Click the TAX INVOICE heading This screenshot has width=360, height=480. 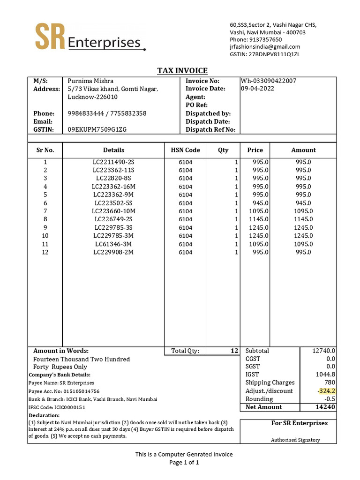[182, 71]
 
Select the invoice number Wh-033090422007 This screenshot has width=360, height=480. [268, 81]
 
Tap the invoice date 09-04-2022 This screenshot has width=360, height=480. [257, 89]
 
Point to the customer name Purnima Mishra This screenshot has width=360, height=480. [91, 81]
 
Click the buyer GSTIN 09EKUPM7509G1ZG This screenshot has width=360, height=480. [97, 129]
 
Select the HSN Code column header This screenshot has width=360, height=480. [185, 150]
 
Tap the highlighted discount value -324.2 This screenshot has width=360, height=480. [326, 391]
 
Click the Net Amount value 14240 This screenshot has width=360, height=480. [325, 407]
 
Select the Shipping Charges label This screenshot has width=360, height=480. [270, 382]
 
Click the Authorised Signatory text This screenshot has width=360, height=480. [295, 440]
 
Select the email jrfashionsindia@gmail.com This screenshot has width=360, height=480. [265, 47]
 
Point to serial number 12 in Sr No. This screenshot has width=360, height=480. [45, 252]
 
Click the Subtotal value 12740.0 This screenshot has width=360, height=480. [324, 351]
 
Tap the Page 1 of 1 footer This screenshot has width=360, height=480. [184, 463]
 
